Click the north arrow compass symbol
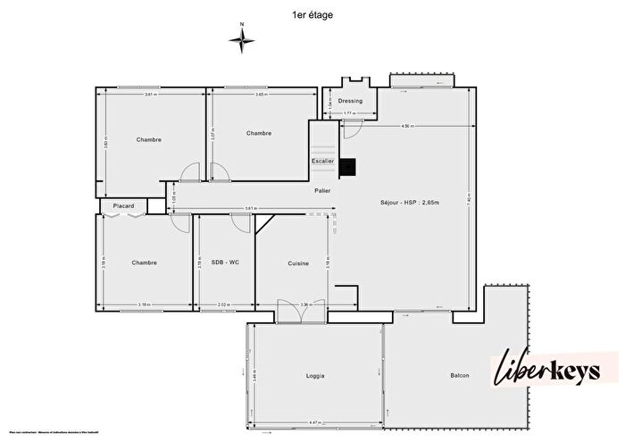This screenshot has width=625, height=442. pos(241,38)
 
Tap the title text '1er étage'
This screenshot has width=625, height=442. pos(312,14)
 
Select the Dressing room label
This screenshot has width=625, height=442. pos(350,101)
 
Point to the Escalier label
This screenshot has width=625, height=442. pos(322,161)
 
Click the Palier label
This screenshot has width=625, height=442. pos(322,191)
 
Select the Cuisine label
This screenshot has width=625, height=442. pos(298,263)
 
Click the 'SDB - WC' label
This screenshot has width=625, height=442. pos(225,262)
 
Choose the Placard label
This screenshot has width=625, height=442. pos(123,206)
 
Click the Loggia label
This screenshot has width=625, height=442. pos(312,376)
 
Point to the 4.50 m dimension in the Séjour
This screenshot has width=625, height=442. pos(407,126)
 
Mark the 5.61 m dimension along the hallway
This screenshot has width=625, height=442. pos(252,209)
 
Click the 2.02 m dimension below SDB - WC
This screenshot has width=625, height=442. pos(224,304)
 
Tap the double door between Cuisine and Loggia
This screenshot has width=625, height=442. pos(289,312)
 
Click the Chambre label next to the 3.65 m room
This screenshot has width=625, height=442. pos(259,133)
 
